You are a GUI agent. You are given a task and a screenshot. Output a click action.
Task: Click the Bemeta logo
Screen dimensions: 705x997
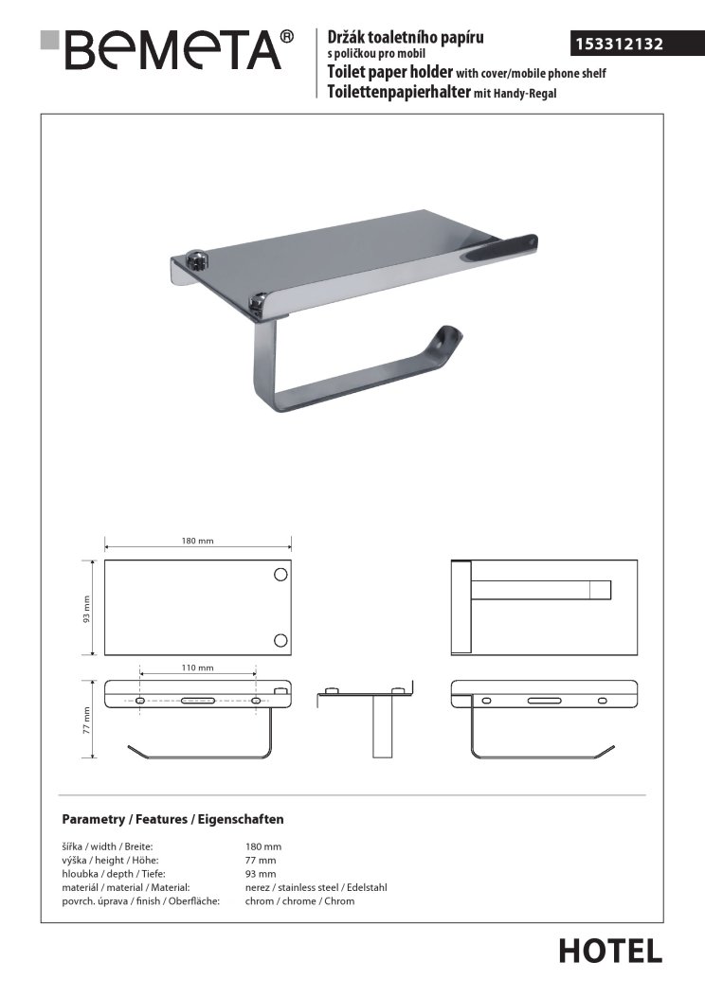click(167, 49)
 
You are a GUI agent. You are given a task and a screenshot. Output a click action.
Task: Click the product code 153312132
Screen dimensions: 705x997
click(619, 44)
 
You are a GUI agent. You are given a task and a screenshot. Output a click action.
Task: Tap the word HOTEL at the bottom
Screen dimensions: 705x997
click(610, 952)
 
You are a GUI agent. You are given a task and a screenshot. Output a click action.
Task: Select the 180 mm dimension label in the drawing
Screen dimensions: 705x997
click(198, 541)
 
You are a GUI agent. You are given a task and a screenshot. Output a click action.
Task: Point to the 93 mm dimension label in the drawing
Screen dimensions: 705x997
click(86, 609)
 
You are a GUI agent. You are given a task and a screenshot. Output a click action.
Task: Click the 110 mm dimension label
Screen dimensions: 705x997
click(198, 668)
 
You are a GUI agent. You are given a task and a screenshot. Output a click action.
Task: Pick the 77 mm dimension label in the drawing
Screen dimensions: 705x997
click(86, 721)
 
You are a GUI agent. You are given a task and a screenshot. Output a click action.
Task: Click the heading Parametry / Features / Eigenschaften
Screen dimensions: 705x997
click(172, 819)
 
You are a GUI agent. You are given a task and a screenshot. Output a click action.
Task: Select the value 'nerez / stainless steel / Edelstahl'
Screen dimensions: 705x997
click(316, 887)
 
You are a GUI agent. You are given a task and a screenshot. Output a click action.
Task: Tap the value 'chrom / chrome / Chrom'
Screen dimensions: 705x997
click(299, 901)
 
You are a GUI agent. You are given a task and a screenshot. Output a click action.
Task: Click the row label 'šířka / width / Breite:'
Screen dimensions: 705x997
click(107, 846)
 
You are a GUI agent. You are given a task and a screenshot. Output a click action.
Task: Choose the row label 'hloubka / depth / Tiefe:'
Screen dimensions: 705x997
click(114, 874)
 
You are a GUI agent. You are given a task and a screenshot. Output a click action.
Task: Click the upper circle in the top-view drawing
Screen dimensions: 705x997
click(280, 575)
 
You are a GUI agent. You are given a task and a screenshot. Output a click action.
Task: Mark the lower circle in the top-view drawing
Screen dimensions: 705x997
click(280, 640)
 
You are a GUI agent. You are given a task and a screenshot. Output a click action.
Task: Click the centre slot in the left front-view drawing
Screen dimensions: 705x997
click(198, 702)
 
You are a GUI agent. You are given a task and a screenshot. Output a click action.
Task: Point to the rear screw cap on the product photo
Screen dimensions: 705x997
click(197, 258)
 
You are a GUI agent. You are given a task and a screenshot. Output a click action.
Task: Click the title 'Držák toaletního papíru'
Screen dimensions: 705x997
click(406, 38)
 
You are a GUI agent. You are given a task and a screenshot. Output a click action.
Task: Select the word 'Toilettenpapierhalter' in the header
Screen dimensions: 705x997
click(398, 92)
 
